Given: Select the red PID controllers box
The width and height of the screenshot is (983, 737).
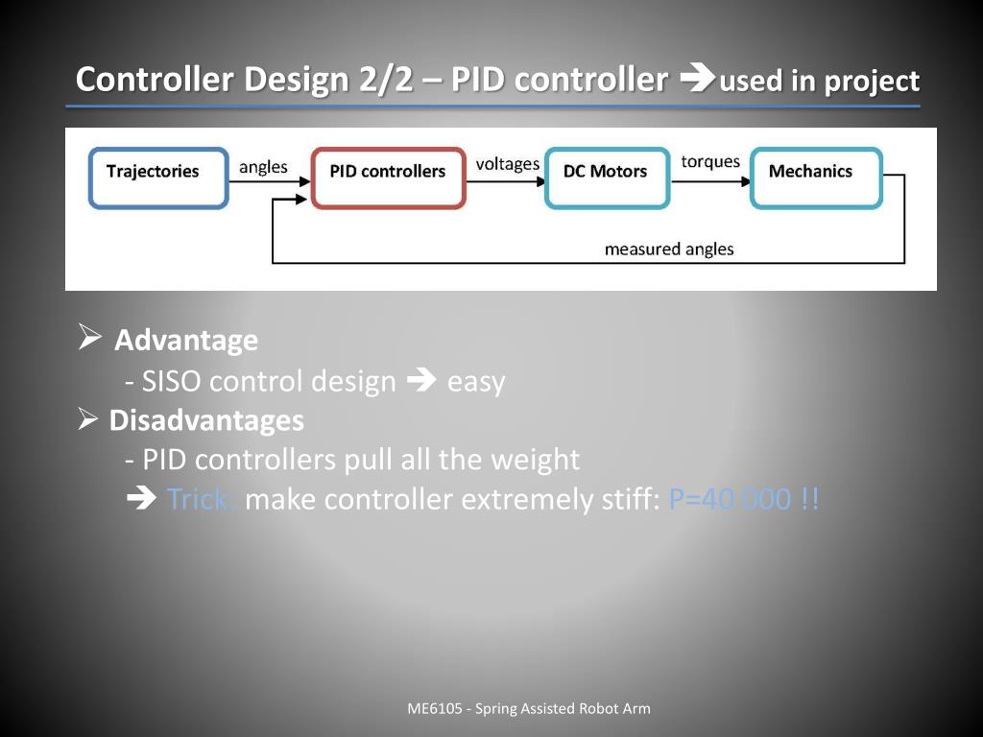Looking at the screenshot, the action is click(388, 178).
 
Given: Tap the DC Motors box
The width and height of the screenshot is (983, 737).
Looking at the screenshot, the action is click(606, 178).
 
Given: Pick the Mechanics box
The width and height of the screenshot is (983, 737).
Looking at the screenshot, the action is click(815, 178).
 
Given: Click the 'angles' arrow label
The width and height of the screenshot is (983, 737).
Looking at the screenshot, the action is click(263, 167).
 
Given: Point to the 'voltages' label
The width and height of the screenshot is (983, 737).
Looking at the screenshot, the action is click(507, 164).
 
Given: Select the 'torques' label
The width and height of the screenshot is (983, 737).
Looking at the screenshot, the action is click(710, 161).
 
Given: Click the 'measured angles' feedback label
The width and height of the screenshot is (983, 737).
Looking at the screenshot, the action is click(668, 250).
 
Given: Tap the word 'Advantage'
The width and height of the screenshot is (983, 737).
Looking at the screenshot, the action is click(186, 341).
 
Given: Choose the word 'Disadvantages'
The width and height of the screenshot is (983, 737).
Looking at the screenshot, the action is click(206, 420).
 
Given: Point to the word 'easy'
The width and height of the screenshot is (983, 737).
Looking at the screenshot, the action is click(476, 382).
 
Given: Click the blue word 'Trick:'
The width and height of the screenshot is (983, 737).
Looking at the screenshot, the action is click(202, 500).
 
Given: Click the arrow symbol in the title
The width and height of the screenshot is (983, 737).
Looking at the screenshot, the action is click(693, 80).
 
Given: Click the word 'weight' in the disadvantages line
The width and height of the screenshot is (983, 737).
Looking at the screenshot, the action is click(535, 461).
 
